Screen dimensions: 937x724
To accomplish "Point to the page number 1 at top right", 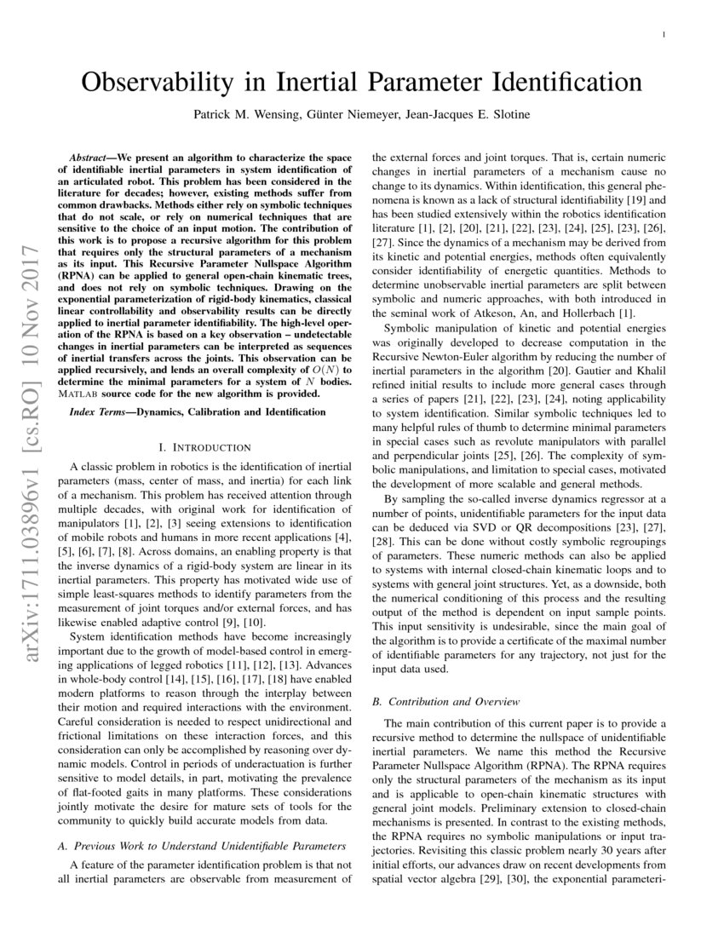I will (x=662, y=34).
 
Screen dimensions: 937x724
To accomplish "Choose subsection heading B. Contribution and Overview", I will (x=446, y=701).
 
